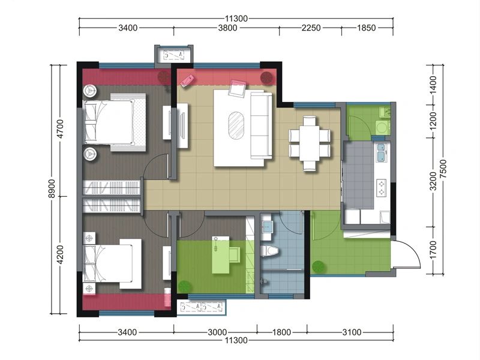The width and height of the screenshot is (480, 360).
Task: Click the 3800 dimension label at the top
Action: click(227, 28)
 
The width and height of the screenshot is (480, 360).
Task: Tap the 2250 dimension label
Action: click(311, 28)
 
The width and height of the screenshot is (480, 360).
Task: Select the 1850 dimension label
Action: click(367, 28)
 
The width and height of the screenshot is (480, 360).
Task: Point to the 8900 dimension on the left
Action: click(52, 188)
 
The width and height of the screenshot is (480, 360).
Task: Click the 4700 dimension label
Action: click(61, 129)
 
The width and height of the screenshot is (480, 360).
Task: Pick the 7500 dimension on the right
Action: click(443, 169)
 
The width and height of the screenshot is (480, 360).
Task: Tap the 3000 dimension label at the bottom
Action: click(217, 332)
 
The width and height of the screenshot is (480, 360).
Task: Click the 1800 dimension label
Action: click(281, 332)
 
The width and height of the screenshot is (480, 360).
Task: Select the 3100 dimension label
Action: click(352, 332)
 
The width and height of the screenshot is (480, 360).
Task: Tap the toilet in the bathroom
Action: click(269, 251)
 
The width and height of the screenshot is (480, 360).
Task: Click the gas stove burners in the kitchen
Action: click(382, 188)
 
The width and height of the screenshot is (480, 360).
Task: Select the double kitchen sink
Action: click(381, 152)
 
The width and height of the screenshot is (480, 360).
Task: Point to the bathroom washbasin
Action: click(266, 227)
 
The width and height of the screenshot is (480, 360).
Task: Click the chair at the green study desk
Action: click(235, 255)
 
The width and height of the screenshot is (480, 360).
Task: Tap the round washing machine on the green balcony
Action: click(382, 127)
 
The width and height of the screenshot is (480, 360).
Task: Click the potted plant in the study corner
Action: click(185, 287)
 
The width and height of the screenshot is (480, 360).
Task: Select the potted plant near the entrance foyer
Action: click(319, 267)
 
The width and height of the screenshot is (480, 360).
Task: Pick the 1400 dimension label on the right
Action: click(433, 85)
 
